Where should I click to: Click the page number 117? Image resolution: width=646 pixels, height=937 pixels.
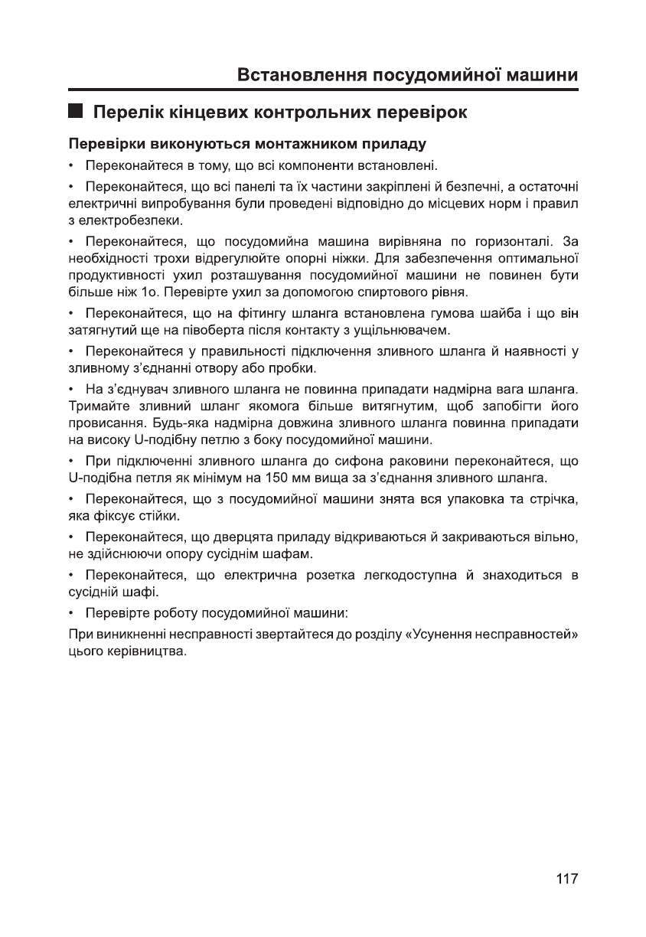[x=566, y=879]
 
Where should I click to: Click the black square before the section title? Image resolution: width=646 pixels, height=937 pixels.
[x=75, y=112]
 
